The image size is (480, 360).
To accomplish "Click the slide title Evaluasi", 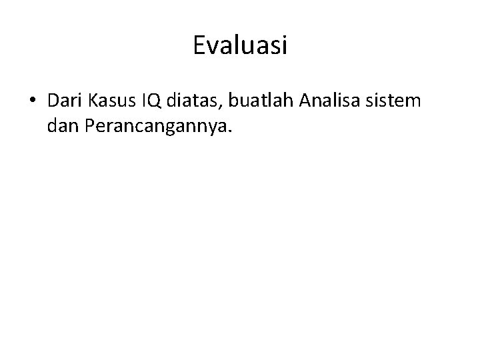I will pyautogui.click(x=240, y=45).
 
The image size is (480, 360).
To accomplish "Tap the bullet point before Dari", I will pyautogui.click(x=33, y=102).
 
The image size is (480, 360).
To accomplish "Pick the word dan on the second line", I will pyautogui.click(x=63, y=125).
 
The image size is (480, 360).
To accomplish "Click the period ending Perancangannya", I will pyautogui.click(x=231, y=131).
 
